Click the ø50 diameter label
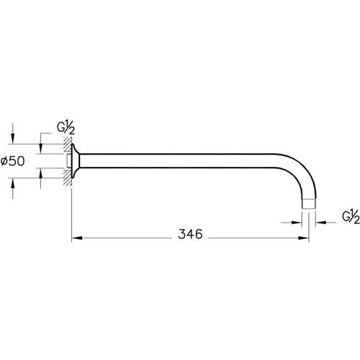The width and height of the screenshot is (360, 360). coord(17,162)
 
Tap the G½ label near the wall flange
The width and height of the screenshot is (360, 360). coord(65,128)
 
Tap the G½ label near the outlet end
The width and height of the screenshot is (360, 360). coord(349,216)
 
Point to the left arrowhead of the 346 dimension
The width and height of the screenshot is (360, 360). coord(76,235)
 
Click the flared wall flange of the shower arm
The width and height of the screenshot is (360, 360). coord(78,161)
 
